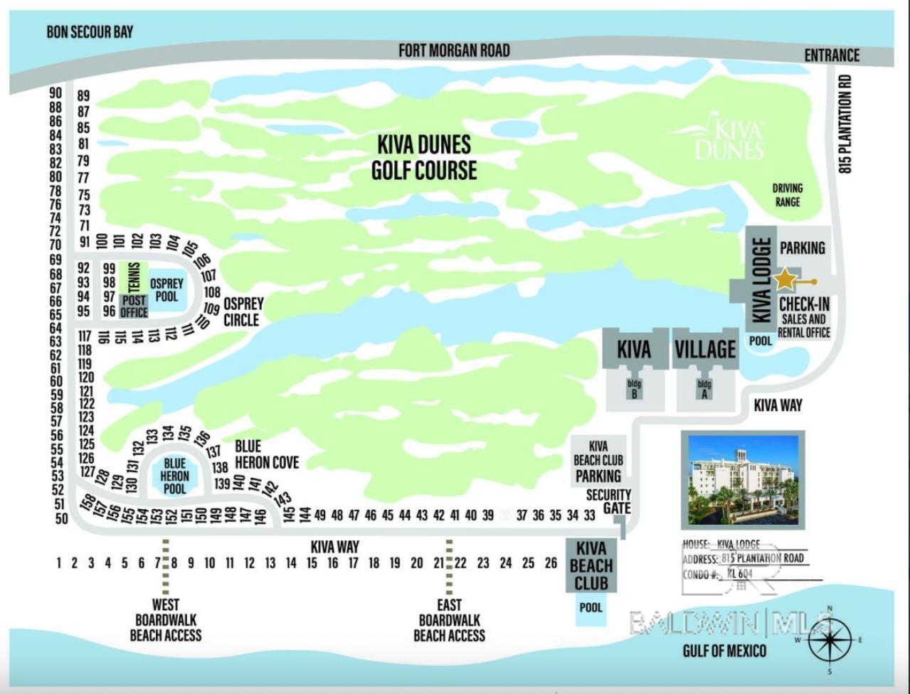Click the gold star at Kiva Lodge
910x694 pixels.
(784, 280)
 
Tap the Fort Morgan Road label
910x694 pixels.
(454, 50)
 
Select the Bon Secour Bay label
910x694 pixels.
(90, 32)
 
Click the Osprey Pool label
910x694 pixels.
(166, 289)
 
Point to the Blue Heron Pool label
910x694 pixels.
(174, 476)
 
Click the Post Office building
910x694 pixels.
(134, 306)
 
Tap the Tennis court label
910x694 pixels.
(134, 277)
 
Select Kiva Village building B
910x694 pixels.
(634, 390)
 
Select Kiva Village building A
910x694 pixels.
(704, 390)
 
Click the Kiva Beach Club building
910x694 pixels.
(591, 566)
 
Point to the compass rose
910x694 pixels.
(830, 640)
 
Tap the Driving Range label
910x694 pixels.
(787, 195)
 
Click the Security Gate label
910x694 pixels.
(608, 501)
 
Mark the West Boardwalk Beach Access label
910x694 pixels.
(166, 620)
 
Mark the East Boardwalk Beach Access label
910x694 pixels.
(449, 620)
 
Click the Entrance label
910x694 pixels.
(832, 55)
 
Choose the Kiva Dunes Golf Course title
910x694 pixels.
(424, 157)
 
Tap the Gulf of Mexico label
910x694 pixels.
(724, 650)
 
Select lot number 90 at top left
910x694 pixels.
(55, 93)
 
